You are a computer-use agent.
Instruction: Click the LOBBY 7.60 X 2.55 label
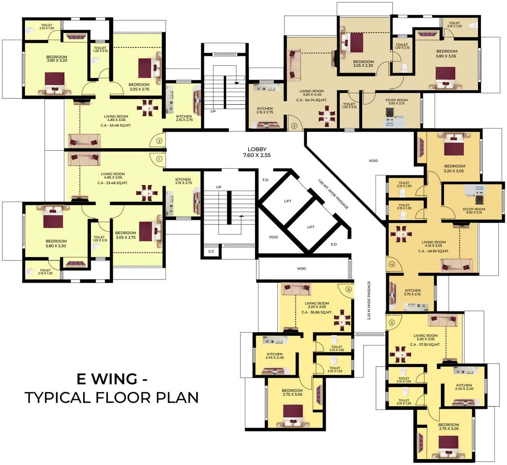click(257, 152)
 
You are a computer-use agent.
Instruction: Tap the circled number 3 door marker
click(294, 126)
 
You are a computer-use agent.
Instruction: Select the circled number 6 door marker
click(349, 289)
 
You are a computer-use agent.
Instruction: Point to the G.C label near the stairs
click(211, 251)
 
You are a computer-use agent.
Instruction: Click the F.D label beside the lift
click(265, 180)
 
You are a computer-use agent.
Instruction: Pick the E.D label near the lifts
click(334, 244)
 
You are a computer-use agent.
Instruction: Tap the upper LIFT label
click(288, 201)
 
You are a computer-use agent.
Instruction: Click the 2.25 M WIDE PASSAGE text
click(369, 300)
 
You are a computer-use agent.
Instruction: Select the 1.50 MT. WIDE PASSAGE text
click(333, 194)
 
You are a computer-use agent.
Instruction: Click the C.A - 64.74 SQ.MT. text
click(311, 100)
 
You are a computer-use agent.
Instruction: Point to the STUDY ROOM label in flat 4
click(474, 210)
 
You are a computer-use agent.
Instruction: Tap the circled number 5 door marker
click(391, 323)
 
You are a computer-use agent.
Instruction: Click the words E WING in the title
click(107, 379)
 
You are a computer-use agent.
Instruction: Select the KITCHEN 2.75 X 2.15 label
click(413, 292)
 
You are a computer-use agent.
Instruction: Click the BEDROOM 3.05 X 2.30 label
click(363, 64)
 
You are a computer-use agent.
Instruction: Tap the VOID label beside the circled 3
click(373, 161)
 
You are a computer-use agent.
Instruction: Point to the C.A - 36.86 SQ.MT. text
click(317, 312)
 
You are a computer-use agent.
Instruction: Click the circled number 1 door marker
click(159, 158)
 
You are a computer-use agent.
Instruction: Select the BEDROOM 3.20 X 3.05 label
click(454, 168)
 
